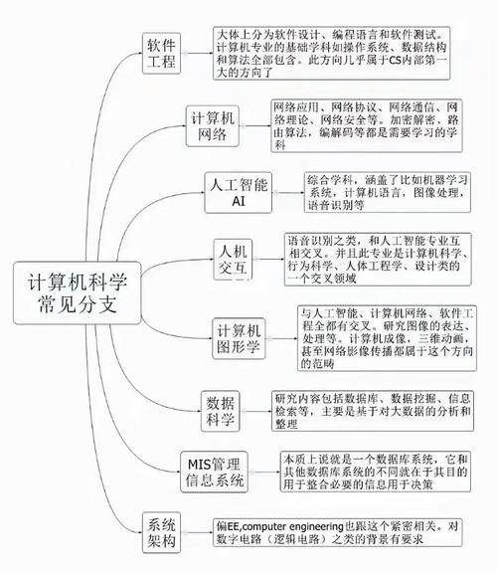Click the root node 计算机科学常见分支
point(78,292)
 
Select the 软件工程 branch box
point(161,54)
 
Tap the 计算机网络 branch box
point(213,126)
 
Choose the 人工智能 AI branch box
point(239,193)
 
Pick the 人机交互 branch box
point(233,260)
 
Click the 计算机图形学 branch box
point(239,338)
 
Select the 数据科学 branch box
point(221,411)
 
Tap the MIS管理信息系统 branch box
point(214,472)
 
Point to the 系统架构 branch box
point(161,532)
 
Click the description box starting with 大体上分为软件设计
point(332,54)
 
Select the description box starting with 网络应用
point(367,125)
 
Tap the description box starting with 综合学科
point(388,193)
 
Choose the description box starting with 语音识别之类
point(378,260)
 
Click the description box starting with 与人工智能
point(387,338)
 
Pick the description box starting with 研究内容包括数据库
point(373,411)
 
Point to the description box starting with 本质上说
point(376,472)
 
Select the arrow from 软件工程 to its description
point(197,54)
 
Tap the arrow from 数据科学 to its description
point(255,411)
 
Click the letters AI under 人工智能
point(239,201)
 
